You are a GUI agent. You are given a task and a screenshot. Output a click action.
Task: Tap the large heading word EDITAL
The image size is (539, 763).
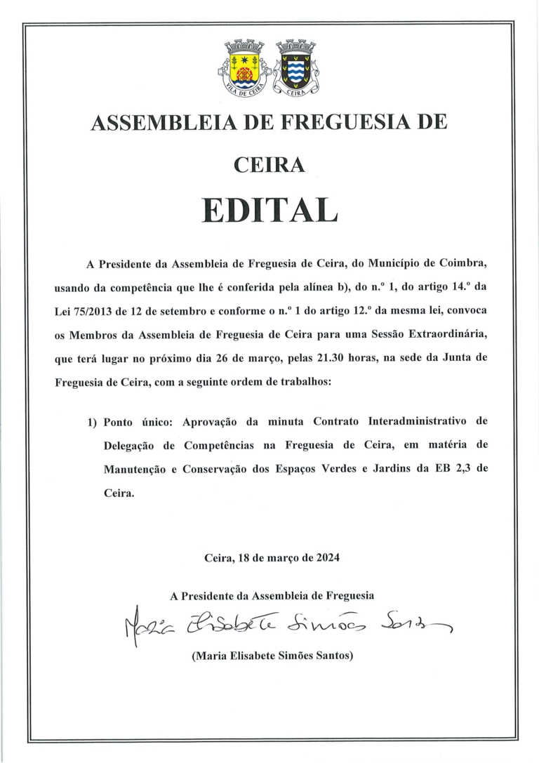(x=269, y=209)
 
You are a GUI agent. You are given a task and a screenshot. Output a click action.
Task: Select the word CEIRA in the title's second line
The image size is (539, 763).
(x=269, y=165)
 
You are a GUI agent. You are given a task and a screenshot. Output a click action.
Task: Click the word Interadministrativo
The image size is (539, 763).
(x=417, y=423)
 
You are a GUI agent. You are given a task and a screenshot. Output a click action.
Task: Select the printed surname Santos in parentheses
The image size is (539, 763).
(x=328, y=656)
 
